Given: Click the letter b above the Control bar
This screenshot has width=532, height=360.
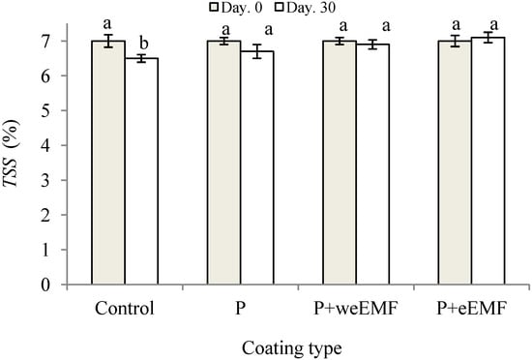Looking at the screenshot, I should (x=143, y=44).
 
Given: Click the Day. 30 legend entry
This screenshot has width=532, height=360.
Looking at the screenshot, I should (x=305, y=9).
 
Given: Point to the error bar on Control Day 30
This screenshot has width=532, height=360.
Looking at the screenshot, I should (x=143, y=58).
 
